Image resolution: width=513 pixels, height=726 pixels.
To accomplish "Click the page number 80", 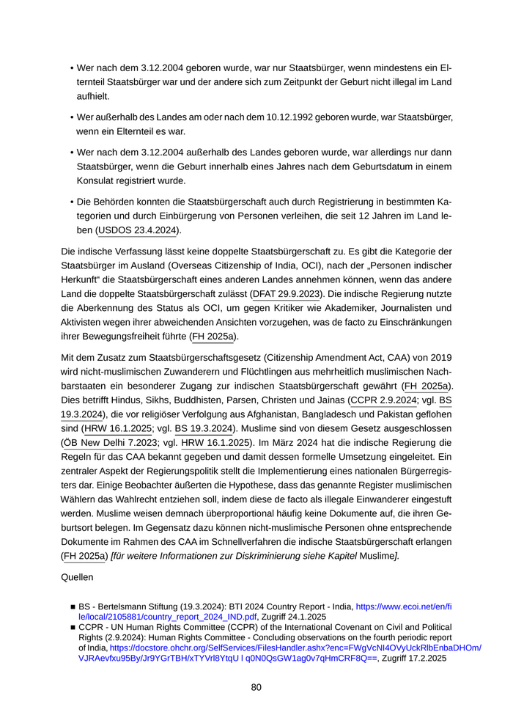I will tap(256, 687).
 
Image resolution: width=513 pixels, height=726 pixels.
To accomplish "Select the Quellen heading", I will tap(78, 577).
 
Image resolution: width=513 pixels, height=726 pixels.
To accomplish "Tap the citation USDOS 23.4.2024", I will tap(138, 230).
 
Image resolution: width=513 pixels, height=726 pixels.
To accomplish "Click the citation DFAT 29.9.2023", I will tap(287, 294).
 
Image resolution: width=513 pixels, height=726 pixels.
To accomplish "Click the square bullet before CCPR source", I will tap(73, 628).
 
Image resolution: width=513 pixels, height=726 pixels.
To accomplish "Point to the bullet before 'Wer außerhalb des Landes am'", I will tap(72, 117).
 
